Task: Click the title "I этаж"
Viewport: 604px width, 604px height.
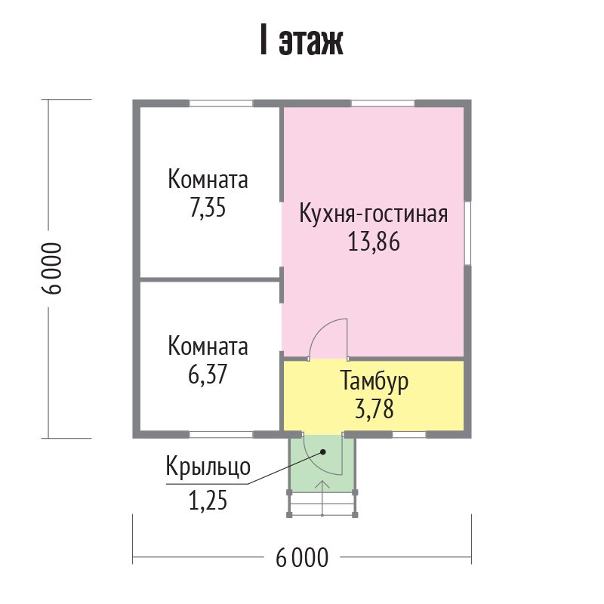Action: pyautogui.click(x=301, y=41)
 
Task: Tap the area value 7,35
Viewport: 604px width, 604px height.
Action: pyautogui.click(x=208, y=208)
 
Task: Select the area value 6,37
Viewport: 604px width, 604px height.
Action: pyautogui.click(x=208, y=374)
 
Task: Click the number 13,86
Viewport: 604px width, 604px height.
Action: pyautogui.click(x=374, y=242)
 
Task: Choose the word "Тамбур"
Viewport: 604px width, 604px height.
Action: pyautogui.click(x=374, y=381)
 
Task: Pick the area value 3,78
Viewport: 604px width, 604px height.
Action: pyautogui.click(x=374, y=409)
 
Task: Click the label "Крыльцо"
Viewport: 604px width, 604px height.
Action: pyautogui.click(x=208, y=467)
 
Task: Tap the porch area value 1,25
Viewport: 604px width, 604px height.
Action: pyautogui.click(x=208, y=501)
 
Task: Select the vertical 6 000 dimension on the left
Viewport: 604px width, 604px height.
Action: pyautogui.click(x=51, y=269)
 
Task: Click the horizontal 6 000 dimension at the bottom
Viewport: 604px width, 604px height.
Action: pyautogui.click(x=303, y=558)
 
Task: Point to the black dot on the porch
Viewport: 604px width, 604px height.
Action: pyautogui.click(x=323, y=451)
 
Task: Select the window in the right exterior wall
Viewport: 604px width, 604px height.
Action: pyautogui.click(x=467, y=233)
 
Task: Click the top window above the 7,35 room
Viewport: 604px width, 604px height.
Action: pyautogui.click(x=220, y=103)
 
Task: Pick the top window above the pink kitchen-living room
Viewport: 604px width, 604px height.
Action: pyautogui.click(x=383, y=103)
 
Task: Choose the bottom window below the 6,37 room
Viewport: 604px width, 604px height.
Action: pyautogui.click(x=221, y=435)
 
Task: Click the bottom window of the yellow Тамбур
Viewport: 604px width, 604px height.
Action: pyautogui.click(x=409, y=435)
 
